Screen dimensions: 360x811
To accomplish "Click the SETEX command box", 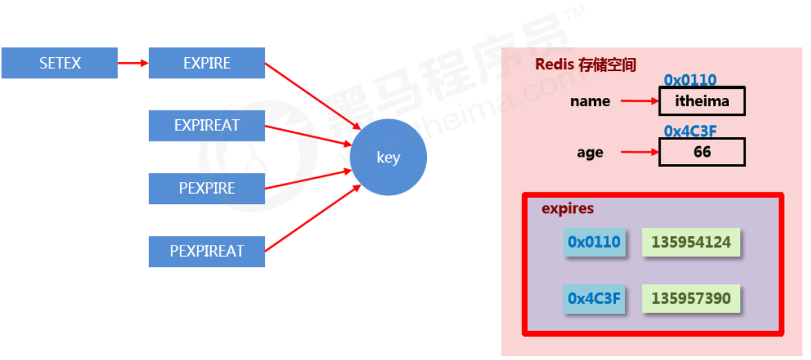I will (59, 63).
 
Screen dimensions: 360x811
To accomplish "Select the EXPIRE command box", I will (207, 63).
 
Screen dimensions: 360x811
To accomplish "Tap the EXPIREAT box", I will (207, 126).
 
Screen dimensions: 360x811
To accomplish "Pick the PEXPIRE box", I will (207, 188).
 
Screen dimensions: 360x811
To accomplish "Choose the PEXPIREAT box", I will (207, 251).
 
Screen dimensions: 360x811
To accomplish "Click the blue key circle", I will (388, 158).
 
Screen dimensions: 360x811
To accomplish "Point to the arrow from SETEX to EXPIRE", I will (133, 63).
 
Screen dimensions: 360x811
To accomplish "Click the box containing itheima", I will (702, 101).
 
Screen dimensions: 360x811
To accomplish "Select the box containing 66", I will (702, 152).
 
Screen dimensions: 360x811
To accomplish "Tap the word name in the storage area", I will (590, 101).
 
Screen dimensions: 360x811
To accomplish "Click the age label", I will (590, 152).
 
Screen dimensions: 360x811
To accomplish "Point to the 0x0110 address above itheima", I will (690, 81).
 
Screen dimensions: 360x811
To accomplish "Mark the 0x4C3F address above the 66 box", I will (690, 131).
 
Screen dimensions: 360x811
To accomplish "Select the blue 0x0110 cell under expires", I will (594, 242).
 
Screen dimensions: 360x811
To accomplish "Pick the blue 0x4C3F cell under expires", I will (594, 299).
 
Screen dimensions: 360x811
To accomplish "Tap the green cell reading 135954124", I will (691, 242).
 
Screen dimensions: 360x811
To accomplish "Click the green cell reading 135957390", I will (691, 299).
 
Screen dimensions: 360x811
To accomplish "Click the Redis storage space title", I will (585, 65).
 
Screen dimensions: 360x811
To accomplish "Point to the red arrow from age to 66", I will (639, 152).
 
